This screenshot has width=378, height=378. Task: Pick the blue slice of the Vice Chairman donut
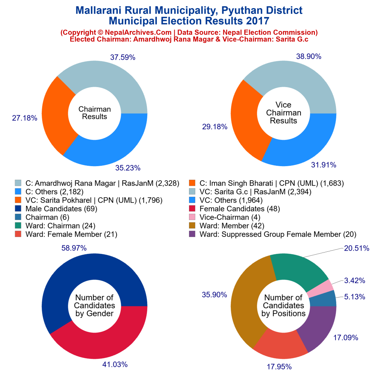tap(303, 144)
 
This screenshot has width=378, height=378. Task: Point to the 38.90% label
tap(309, 56)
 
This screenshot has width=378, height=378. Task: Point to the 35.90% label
tap(214, 295)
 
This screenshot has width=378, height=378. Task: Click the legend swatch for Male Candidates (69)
tap(18, 209)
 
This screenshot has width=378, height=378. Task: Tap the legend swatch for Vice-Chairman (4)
tap(192, 217)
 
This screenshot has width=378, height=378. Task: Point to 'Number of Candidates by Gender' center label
tap(94, 306)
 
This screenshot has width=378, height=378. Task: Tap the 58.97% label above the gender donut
tap(74, 248)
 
